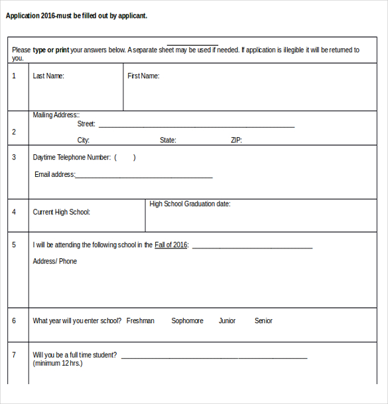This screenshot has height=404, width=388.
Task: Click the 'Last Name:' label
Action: [x=48, y=76]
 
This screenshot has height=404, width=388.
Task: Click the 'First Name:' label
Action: [x=143, y=76]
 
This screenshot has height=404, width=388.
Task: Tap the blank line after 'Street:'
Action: [x=196, y=126]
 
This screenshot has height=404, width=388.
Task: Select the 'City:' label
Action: [x=84, y=140]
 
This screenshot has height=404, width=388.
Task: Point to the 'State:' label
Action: [x=168, y=140]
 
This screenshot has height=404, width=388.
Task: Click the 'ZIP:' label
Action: [x=236, y=140]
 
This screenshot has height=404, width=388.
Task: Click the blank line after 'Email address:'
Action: [x=144, y=177]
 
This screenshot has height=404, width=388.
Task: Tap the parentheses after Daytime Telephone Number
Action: [x=125, y=158]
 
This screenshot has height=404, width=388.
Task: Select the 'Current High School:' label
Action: [x=62, y=212]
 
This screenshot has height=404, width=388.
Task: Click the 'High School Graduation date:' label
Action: [x=190, y=204]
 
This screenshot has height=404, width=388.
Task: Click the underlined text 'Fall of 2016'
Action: [x=171, y=245]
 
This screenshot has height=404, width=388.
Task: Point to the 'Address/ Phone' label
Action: [x=55, y=262]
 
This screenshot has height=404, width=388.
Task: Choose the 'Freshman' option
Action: [x=140, y=321]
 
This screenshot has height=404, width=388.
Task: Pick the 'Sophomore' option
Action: [x=187, y=321]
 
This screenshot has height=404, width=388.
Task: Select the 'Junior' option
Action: [x=227, y=321]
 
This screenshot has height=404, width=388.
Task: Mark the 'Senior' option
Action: [x=263, y=321]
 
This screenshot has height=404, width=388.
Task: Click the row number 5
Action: [x=14, y=245]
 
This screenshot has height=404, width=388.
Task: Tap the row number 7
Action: [x=14, y=355]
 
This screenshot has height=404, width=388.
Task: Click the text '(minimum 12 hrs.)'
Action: [x=58, y=364]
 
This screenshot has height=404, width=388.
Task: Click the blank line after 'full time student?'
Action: [x=214, y=357]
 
